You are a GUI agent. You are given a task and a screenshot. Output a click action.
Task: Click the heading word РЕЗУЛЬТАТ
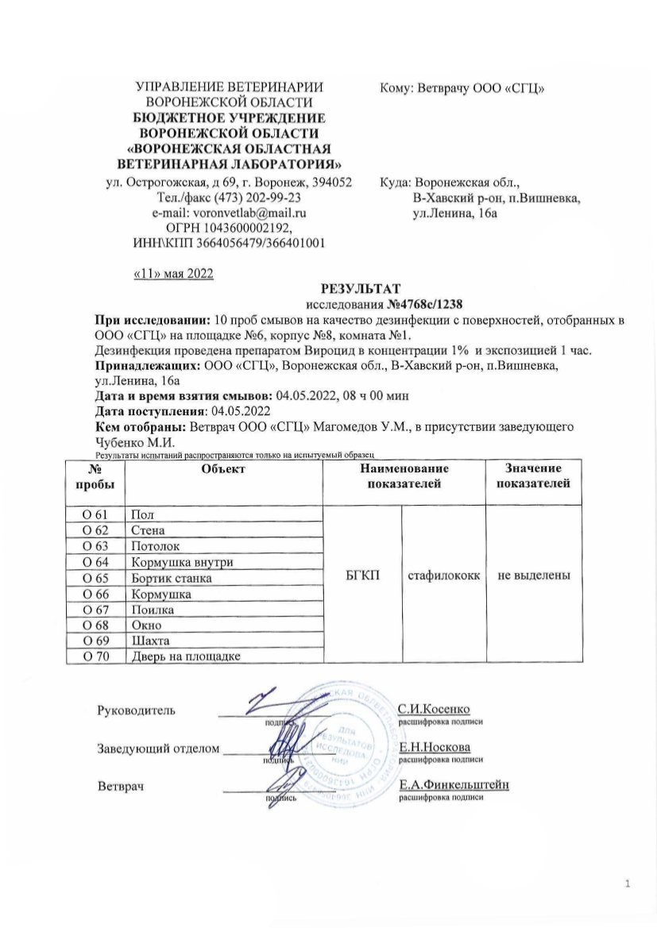click(361, 288)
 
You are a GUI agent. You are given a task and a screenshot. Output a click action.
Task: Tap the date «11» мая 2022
click(172, 273)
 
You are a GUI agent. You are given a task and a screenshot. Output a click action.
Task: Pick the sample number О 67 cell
click(101, 609)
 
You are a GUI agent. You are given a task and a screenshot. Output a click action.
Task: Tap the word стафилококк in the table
click(444, 577)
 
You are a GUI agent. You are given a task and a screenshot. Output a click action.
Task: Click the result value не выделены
click(531, 577)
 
